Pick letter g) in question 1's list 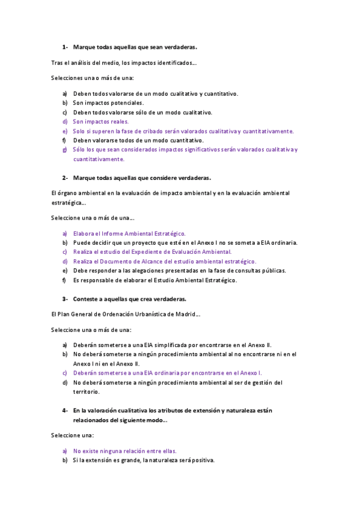coord(65,150)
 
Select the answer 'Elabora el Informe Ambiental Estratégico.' coord(129,233)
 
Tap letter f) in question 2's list coord(65,280)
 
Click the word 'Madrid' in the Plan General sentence coord(185,314)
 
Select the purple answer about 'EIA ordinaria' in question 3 coord(167,373)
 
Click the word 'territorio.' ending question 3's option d coord(87,392)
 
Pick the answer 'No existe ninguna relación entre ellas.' coord(125,450)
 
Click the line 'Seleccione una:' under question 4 coord(73,435)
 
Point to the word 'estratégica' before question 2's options coord(68,203)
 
